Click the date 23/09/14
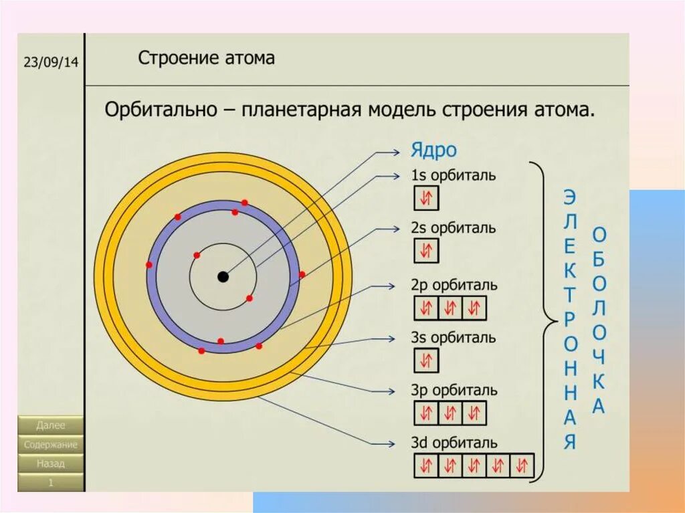[x=51, y=62]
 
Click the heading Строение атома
[x=206, y=58]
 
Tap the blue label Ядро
[x=434, y=150]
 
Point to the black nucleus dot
[x=223, y=276]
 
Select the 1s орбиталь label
[x=453, y=176]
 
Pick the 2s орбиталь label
[x=453, y=228]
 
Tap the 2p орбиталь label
[x=454, y=285]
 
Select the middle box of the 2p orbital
[x=450, y=308]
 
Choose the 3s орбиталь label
[x=453, y=337]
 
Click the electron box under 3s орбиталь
[x=426, y=361]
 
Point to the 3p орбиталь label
[x=454, y=390]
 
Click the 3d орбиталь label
[x=454, y=443]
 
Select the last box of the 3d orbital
[x=522, y=466]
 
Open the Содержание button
[x=51, y=444]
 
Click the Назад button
[x=51, y=463]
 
